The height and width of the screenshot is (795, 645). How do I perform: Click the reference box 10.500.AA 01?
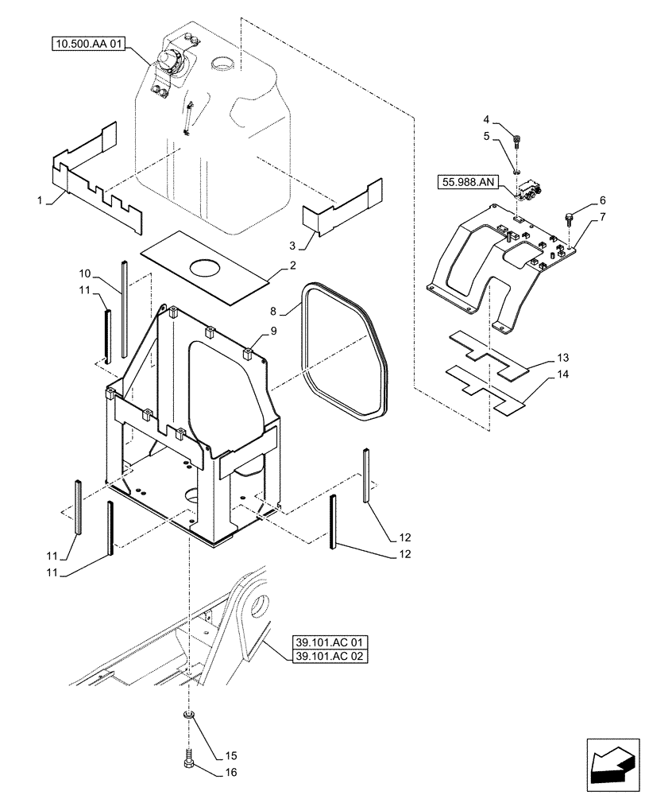point(87,44)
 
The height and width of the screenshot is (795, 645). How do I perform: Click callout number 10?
point(85,273)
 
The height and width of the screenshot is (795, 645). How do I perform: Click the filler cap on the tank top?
point(170,60)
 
